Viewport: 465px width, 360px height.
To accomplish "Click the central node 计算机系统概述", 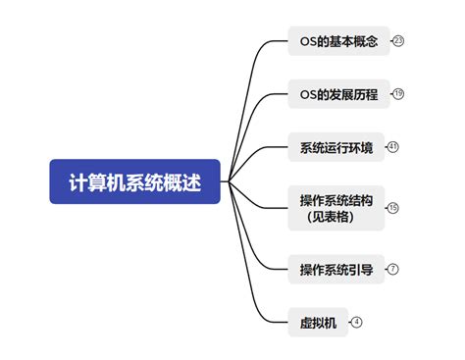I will coord(135,181).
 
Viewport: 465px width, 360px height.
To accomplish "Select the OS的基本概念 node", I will coord(338,41).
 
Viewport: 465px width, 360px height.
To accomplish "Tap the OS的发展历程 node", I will coord(338,94).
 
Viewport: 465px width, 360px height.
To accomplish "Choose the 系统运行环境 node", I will coord(336,148).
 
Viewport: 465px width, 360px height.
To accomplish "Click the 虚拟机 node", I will coord(318,322).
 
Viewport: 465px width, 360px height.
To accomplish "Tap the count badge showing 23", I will coord(398,41).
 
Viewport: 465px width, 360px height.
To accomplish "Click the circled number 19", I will coord(398,94).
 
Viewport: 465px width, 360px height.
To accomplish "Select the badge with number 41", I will coord(393,147).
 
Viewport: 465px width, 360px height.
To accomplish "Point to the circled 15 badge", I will coord(393,208).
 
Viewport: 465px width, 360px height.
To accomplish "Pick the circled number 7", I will coord(393,268).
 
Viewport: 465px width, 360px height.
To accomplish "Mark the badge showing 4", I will coord(357,322).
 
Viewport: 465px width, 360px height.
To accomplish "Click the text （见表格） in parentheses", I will coord(330,217).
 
